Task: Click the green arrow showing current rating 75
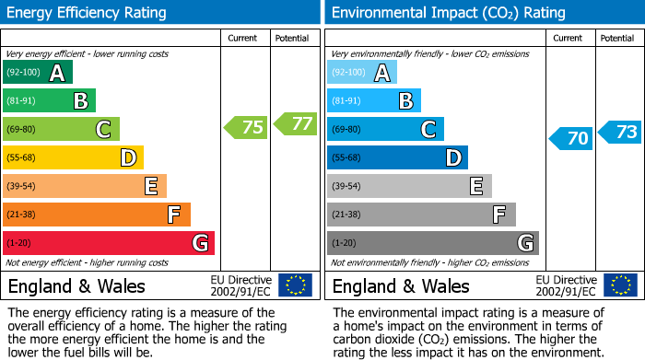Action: coord(246,128)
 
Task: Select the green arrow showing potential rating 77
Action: coord(294,123)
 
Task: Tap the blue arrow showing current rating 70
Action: coord(571,138)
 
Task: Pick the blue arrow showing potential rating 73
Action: coord(620,133)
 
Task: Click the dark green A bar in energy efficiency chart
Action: coord(37,73)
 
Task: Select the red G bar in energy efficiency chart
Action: coord(108,243)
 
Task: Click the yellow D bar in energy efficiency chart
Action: coord(73,157)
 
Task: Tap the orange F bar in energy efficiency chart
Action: coord(96,215)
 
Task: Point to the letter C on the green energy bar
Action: coord(104,130)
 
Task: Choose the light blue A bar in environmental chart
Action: coord(362,73)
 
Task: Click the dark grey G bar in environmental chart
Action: coord(432,243)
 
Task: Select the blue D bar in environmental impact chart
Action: coord(397,157)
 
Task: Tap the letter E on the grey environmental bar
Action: coord(476,187)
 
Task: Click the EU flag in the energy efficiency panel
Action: coord(295,285)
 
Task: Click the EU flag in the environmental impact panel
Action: coord(619,285)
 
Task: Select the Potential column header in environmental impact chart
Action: coord(617,38)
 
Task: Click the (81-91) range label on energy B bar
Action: coord(21,101)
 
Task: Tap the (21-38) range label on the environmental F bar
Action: coord(346,215)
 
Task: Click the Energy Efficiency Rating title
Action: coord(88,13)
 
